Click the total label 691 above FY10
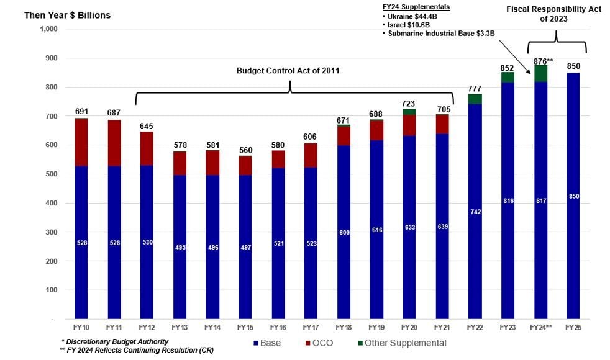click(x=81, y=112)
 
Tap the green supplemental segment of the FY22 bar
click(x=475, y=99)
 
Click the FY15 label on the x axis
click(x=245, y=326)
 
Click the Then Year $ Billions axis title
click(x=67, y=15)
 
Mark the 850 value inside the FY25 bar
click(x=573, y=196)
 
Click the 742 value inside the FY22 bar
click(x=475, y=212)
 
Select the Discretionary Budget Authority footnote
click(x=115, y=342)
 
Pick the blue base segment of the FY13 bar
click(x=180, y=248)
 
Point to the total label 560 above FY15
click(x=245, y=150)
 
